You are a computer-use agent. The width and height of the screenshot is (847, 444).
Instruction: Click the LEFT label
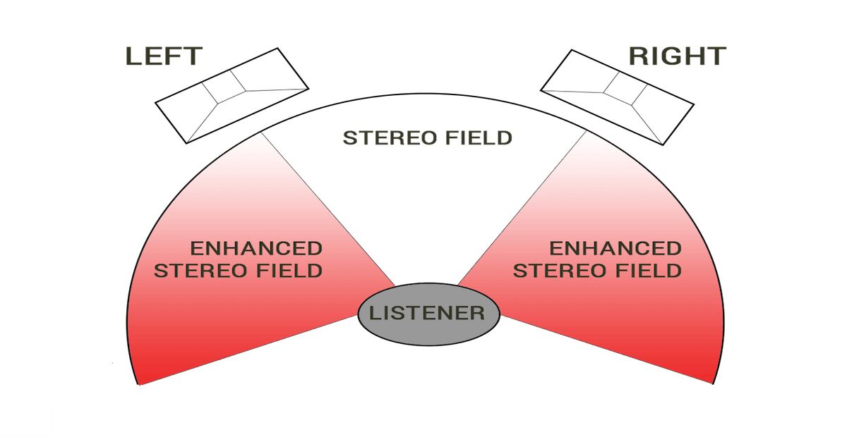164,56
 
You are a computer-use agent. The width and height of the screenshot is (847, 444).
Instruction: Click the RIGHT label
677,56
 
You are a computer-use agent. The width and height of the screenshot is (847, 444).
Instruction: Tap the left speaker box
232,95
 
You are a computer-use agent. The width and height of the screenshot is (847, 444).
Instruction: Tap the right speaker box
615,95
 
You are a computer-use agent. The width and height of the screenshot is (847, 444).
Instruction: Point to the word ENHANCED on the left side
256,248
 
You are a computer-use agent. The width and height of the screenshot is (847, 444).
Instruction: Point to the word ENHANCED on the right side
615,248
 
